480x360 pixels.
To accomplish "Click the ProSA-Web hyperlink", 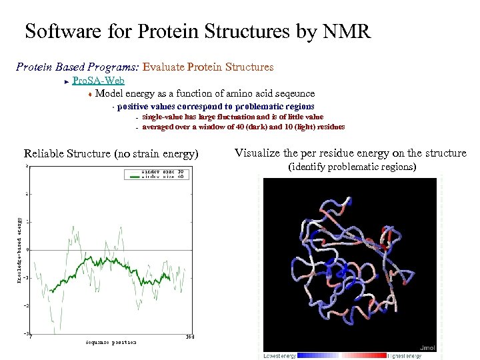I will click(97, 81).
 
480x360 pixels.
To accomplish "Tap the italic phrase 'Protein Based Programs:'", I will click(77, 67).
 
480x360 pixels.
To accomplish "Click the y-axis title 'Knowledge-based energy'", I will click(20, 250).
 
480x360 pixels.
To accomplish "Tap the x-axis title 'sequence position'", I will click(111, 342).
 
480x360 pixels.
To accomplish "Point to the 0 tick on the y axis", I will click(27, 249).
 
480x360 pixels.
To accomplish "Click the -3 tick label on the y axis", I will click(26, 333).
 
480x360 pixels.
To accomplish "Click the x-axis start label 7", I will click(31, 337).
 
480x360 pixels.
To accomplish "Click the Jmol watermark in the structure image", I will click(427, 347).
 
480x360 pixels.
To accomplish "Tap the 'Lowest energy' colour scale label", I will click(280, 356).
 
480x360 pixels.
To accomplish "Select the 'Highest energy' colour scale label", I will click(405, 356).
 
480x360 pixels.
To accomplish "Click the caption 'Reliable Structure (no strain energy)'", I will click(111, 154).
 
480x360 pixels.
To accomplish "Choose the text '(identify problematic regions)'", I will click(351, 167).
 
